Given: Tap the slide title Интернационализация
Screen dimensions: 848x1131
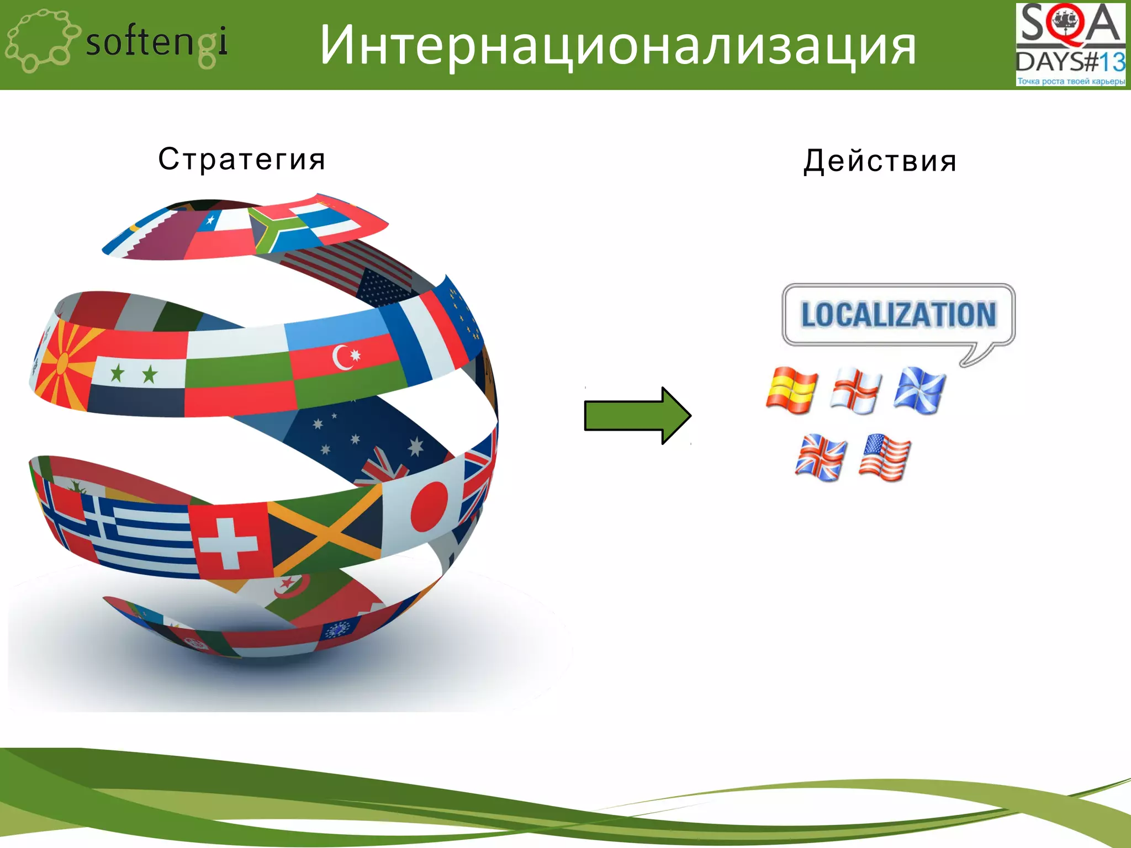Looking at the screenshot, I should click(617, 45).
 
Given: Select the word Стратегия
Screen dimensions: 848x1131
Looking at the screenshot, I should click(242, 160).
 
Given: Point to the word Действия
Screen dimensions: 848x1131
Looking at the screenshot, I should click(880, 161).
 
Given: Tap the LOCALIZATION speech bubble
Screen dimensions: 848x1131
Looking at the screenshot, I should click(899, 315).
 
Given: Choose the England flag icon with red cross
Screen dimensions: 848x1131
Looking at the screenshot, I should click(855, 390).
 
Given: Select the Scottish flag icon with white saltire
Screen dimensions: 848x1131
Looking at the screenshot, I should click(919, 390).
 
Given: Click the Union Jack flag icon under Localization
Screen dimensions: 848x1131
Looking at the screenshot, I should click(821, 457).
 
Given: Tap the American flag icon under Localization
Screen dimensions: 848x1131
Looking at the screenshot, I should click(885, 457).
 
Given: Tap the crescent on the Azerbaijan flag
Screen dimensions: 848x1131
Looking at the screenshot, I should click(341, 357).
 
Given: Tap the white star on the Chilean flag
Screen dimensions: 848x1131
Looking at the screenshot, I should click(210, 221).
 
